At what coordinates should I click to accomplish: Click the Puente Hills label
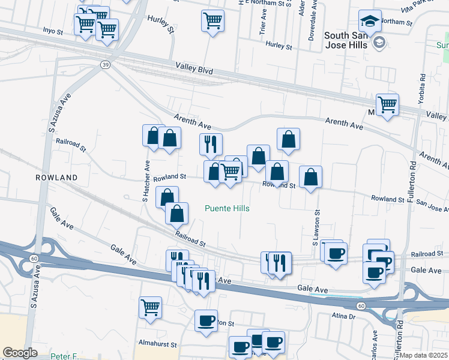pyautogui.click(x=227, y=208)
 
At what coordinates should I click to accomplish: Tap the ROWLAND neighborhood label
pyautogui.click(x=56, y=178)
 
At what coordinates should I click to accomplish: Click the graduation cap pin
pyautogui.click(x=367, y=22)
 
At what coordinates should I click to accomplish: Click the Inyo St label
pyautogui.click(x=53, y=31)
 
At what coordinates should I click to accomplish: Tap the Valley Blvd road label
pyautogui.click(x=194, y=70)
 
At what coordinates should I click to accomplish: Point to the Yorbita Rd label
pyautogui.click(x=423, y=85)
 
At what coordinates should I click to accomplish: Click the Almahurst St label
pyautogui.click(x=157, y=345)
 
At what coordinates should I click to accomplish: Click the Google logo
pyautogui.click(x=20, y=353)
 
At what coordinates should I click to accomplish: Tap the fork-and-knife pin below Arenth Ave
pyautogui.click(x=211, y=144)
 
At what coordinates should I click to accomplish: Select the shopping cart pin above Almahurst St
pyautogui.click(x=150, y=307)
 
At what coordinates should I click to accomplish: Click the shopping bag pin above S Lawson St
pyautogui.click(x=310, y=177)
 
